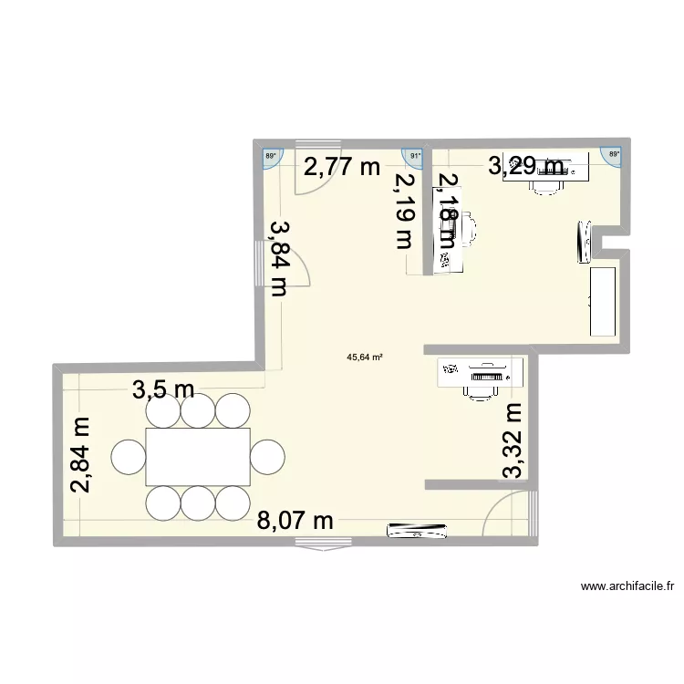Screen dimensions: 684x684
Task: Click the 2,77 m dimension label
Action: [341, 167]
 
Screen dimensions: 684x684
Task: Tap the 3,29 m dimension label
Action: [526, 166]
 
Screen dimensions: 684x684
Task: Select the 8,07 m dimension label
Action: [294, 521]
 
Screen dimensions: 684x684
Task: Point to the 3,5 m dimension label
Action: [164, 390]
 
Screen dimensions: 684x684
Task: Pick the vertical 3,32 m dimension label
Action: [514, 441]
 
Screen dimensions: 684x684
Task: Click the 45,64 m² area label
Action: [365, 358]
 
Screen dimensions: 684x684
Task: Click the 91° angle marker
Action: [416, 155]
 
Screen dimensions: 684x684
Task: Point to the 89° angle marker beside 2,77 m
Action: [270, 156]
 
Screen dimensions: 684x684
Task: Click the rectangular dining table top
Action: [198, 456]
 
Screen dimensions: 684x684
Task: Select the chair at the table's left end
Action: [129, 455]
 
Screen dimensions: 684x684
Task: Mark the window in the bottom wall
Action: [323, 544]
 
